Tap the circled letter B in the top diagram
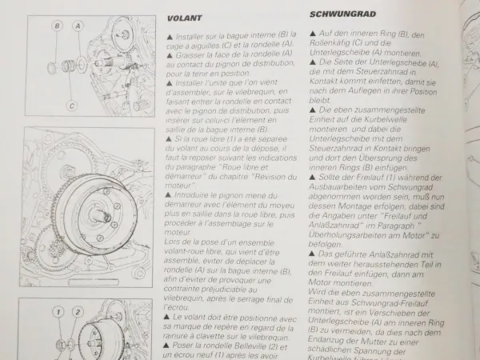58,26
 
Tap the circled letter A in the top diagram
78,26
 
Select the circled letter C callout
71,105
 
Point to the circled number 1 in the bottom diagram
57,311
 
